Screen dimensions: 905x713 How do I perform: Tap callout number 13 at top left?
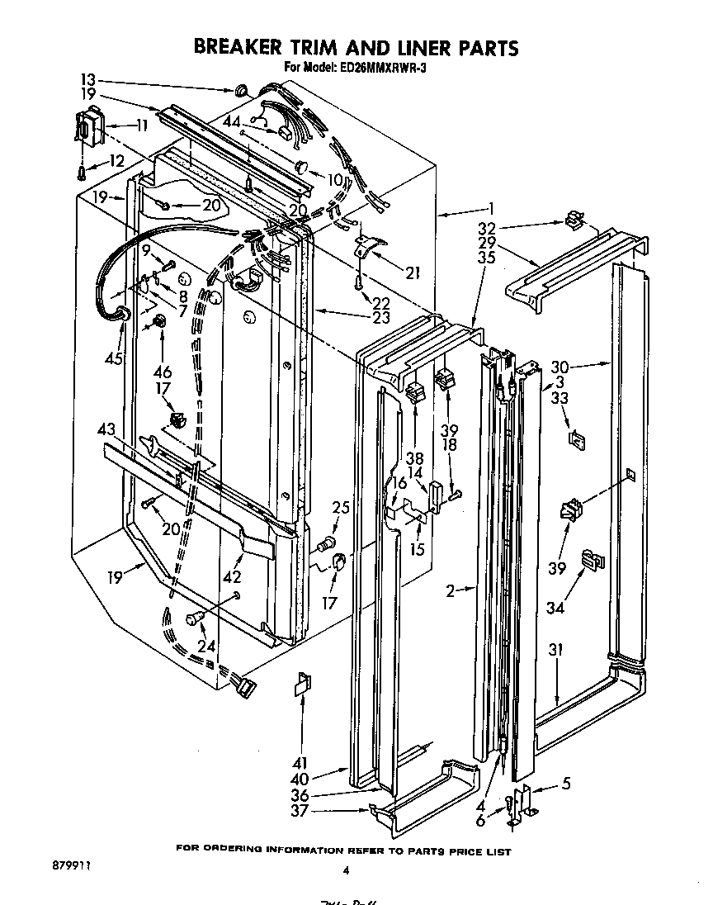pyautogui.click(x=88, y=80)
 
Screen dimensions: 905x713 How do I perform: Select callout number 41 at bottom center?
pyautogui.click(x=299, y=764)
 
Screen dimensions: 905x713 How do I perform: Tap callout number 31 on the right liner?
pyautogui.click(x=555, y=651)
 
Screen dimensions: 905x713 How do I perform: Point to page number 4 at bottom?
pyautogui.click(x=347, y=869)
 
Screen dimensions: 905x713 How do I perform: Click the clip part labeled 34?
pyautogui.click(x=592, y=561)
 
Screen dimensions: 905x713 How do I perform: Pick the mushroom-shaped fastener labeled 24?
pyautogui.click(x=196, y=617)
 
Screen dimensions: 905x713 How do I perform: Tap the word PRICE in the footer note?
pyautogui.click(x=462, y=851)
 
